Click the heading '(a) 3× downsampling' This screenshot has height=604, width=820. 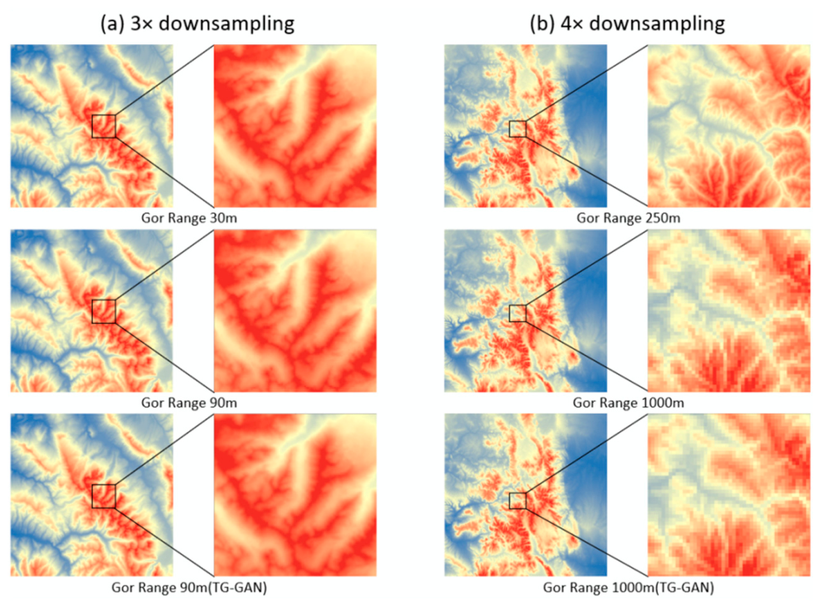197,23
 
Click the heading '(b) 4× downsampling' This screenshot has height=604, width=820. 627,23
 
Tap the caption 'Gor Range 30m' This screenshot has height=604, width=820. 189,218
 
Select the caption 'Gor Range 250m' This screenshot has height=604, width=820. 628,218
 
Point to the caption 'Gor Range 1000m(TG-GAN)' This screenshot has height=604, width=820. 628,588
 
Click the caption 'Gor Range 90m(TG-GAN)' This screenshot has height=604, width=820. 189,588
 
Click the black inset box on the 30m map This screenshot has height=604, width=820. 103,126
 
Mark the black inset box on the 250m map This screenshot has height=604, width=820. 518,128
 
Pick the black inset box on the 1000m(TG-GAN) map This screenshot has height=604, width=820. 518,501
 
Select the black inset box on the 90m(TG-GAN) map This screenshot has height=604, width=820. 103,496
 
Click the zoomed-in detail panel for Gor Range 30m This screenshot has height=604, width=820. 295,126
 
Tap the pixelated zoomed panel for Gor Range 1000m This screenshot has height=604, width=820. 729,312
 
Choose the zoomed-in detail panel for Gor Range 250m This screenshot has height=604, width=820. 729,126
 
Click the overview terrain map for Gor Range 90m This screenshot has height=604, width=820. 91,312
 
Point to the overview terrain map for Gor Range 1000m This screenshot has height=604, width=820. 526,312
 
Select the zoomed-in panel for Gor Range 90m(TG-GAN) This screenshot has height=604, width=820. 295,496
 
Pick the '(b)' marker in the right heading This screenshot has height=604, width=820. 542,24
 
